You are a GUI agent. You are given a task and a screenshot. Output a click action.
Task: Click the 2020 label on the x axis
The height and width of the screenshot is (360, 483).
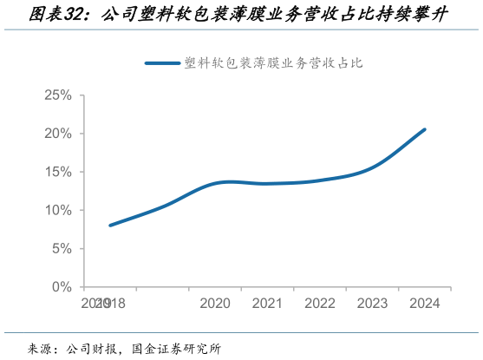click(215, 304)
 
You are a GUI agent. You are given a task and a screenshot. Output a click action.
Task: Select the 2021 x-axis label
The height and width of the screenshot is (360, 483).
click(268, 304)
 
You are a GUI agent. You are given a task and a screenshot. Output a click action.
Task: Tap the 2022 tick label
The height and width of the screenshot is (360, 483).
click(320, 304)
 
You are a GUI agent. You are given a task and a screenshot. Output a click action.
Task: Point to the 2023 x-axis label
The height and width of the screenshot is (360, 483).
click(373, 304)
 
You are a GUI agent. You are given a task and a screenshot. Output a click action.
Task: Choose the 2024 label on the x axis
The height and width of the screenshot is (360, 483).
click(425, 304)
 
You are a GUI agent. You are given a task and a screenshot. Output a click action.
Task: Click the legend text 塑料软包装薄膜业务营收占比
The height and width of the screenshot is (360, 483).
click(274, 62)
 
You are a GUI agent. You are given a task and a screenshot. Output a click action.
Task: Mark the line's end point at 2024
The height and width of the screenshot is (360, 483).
click(425, 129)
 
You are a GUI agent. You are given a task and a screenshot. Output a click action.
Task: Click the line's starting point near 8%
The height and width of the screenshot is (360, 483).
click(110, 226)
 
